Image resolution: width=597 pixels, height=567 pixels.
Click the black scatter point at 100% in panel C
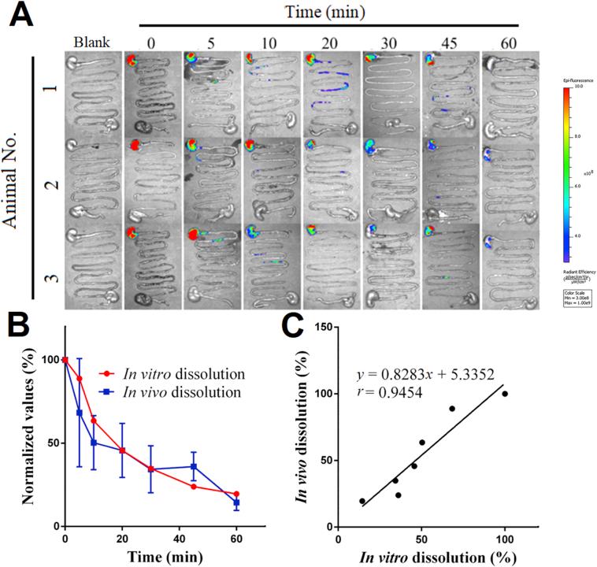(x=505, y=394)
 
